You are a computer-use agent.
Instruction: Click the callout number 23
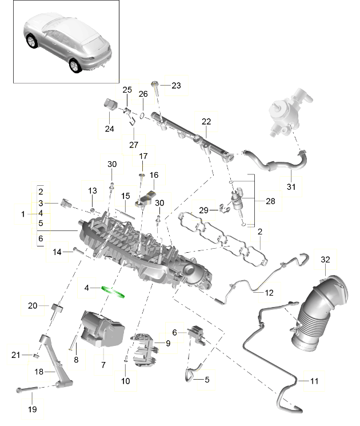pos(175,86)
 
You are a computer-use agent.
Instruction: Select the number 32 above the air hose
pos(326,260)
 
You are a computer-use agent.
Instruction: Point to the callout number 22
pos(206,121)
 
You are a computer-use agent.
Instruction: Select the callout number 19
pos(32,409)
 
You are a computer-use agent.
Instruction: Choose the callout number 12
pos(269,293)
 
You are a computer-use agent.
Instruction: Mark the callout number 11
pos(315,380)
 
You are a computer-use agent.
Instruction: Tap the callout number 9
pos(168,343)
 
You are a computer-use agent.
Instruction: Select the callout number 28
pos(270,201)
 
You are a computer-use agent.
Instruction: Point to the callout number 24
pos(109,129)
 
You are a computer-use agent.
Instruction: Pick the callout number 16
pos(154,175)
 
